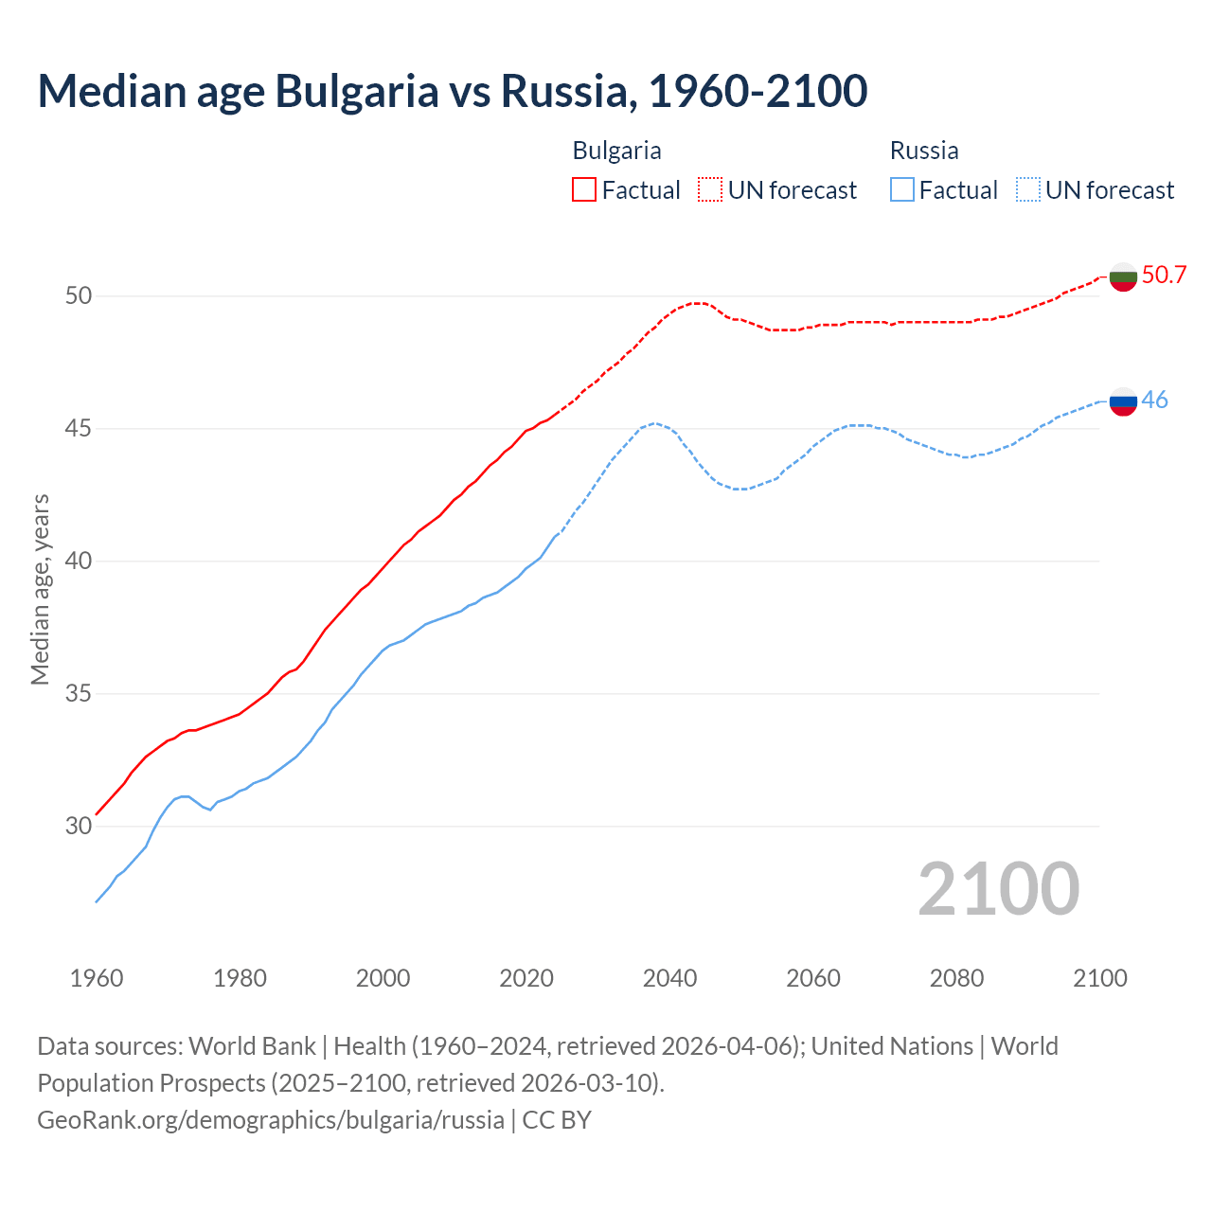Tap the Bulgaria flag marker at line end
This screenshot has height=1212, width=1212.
click(x=1123, y=276)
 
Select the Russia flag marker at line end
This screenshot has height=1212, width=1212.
click(x=1123, y=401)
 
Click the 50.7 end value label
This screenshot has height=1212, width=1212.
click(x=1164, y=276)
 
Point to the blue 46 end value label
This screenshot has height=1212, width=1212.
click(x=1154, y=401)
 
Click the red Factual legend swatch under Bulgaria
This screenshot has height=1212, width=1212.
click(x=584, y=190)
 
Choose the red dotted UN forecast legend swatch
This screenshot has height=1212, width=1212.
click(x=710, y=190)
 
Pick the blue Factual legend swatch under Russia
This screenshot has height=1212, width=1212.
click(x=902, y=190)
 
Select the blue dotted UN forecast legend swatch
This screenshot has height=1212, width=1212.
click(x=1028, y=190)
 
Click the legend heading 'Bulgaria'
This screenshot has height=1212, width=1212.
click(x=616, y=151)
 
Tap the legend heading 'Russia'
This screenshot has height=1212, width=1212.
click(x=924, y=151)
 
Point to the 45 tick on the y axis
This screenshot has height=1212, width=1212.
click(x=79, y=429)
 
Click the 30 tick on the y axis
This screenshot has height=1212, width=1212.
click(x=79, y=827)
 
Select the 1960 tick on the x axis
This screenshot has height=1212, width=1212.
click(x=97, y=978)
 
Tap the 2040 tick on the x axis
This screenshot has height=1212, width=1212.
click(x=669, y=978)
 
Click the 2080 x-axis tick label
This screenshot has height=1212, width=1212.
click(x=956, y=978)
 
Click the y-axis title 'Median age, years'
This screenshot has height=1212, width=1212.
click(x=40, y=589)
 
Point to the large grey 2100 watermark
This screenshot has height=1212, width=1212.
click(x=999, y=889)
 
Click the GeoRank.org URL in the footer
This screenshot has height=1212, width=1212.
click(x=271, y=1120)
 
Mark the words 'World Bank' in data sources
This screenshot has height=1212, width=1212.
click(x=252, y=1046)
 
